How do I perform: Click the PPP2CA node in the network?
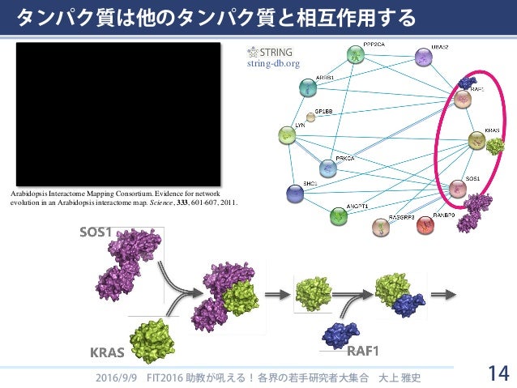356,55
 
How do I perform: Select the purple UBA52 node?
422,58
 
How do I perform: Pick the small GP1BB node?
310,117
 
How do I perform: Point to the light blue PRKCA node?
327,168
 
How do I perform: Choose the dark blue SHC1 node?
296,193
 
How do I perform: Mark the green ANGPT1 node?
339,216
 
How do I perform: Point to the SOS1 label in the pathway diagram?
95,233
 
